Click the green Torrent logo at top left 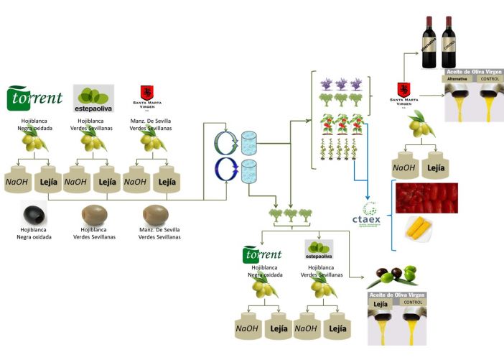[x=34, y=98]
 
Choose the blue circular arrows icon [x=228, y=173]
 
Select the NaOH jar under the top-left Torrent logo [x=20, y=182]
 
